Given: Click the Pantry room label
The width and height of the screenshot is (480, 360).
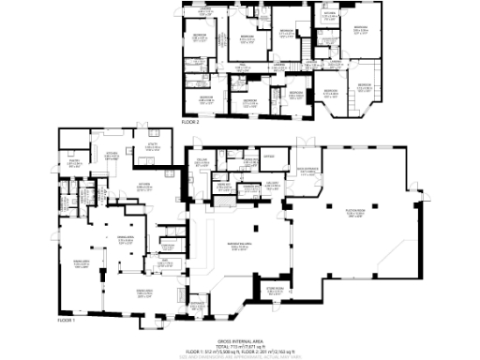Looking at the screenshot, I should [69, 160].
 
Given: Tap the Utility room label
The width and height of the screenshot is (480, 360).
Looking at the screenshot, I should [150, 144].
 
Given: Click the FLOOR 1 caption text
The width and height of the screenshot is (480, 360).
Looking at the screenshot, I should [66, 320].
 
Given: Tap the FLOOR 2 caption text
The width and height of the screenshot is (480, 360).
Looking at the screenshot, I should [190, 122].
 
